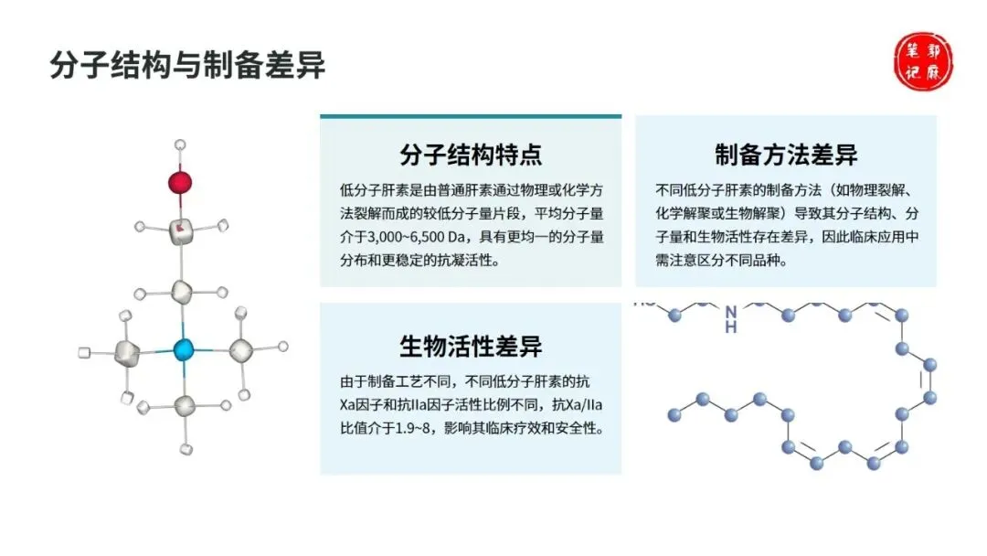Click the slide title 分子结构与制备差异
tap(187, 65)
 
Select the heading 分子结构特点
tap(471, 154)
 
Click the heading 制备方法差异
tap(786, 154)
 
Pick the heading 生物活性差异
tap(471, 347)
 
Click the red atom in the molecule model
tap(181, 181)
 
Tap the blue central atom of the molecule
tap(184, 348)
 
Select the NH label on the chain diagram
tap(730, 319)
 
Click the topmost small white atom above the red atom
tap(181, 144)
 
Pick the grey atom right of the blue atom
tap(240, 349)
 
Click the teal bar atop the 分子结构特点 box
tap(471, 116)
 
